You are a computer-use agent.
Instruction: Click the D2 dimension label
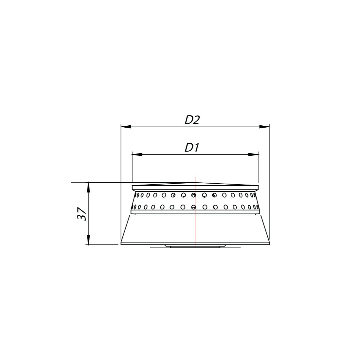tap(192, 120)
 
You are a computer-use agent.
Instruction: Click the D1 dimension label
tap(192, 148)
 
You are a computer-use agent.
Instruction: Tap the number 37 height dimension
tap(82, 214)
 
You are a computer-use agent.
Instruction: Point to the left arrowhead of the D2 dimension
tap(126, 127)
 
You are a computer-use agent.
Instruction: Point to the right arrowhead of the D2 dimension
tap(264, 127)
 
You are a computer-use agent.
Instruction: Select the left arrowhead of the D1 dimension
tap(137, 154)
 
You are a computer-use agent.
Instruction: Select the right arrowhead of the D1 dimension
tap(253, 154)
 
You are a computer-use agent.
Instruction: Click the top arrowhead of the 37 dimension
tap(88, 188)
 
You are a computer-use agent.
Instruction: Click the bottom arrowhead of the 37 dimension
tap(88, 240)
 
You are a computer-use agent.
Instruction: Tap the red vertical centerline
tap(195, 212)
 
